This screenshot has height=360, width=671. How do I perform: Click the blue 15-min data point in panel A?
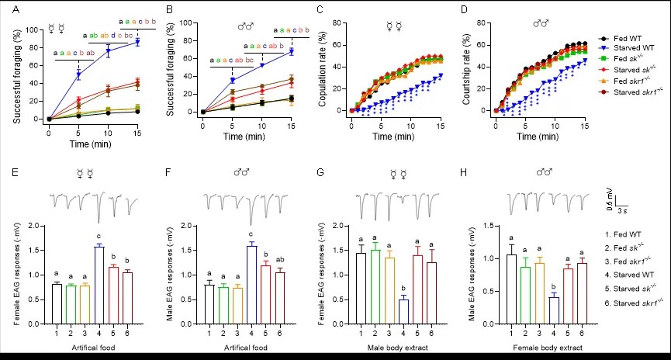[138, 42]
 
